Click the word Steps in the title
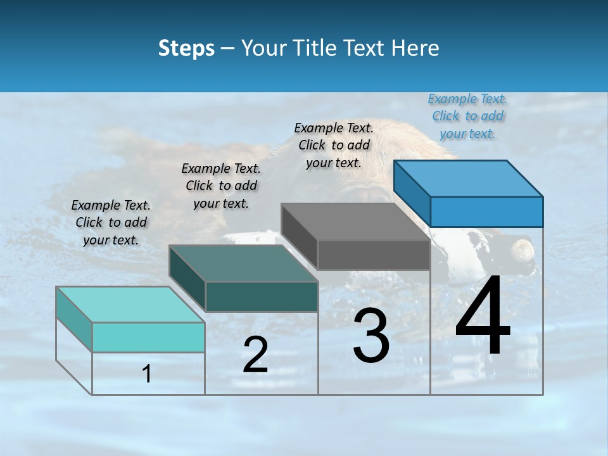[186, 48]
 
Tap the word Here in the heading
[415, 48]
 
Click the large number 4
[483, 317]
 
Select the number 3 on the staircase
[370, 335]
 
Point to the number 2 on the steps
[255, 355]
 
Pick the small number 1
[147, 374]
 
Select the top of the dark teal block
[243, 263]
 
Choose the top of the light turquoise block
[130, 305]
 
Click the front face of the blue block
[486, 212]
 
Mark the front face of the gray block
[374, 255]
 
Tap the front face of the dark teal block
[262, 296]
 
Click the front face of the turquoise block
[148, 337]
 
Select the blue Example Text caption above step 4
[467, 116]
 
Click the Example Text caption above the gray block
[334, 145]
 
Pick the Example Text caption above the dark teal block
[221, 186]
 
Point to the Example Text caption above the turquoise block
[111, 222]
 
